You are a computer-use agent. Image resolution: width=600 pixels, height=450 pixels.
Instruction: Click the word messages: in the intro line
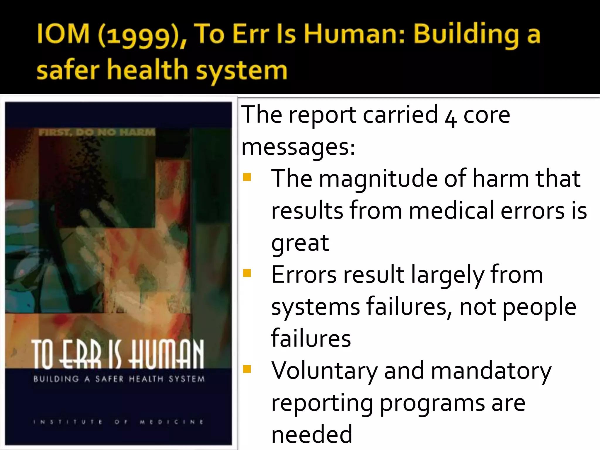tap(298, 147)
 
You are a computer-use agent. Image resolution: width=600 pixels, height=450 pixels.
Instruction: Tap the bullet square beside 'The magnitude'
tap(247, 177)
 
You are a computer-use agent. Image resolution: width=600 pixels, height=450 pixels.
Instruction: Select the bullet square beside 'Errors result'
tap(247, 273)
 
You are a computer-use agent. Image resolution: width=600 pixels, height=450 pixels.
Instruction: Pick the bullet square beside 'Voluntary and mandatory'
tap(247, 369)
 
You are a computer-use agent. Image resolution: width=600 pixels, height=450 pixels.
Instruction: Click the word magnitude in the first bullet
tap(378, 179)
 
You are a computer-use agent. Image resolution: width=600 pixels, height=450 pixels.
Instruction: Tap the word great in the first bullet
tap(300, 243)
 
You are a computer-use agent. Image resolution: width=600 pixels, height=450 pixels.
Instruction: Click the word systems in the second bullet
tap(316, 307)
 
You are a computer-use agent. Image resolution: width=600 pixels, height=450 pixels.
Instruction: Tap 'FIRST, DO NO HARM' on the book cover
tap(97, 132)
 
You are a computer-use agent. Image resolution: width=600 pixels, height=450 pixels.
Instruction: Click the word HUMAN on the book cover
tap(167, 354)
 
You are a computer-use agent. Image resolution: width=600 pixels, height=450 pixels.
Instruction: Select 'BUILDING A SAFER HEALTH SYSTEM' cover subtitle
tap(119, 379)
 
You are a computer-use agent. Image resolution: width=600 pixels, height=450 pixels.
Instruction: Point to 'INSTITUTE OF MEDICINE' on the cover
tap(118, 422)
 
